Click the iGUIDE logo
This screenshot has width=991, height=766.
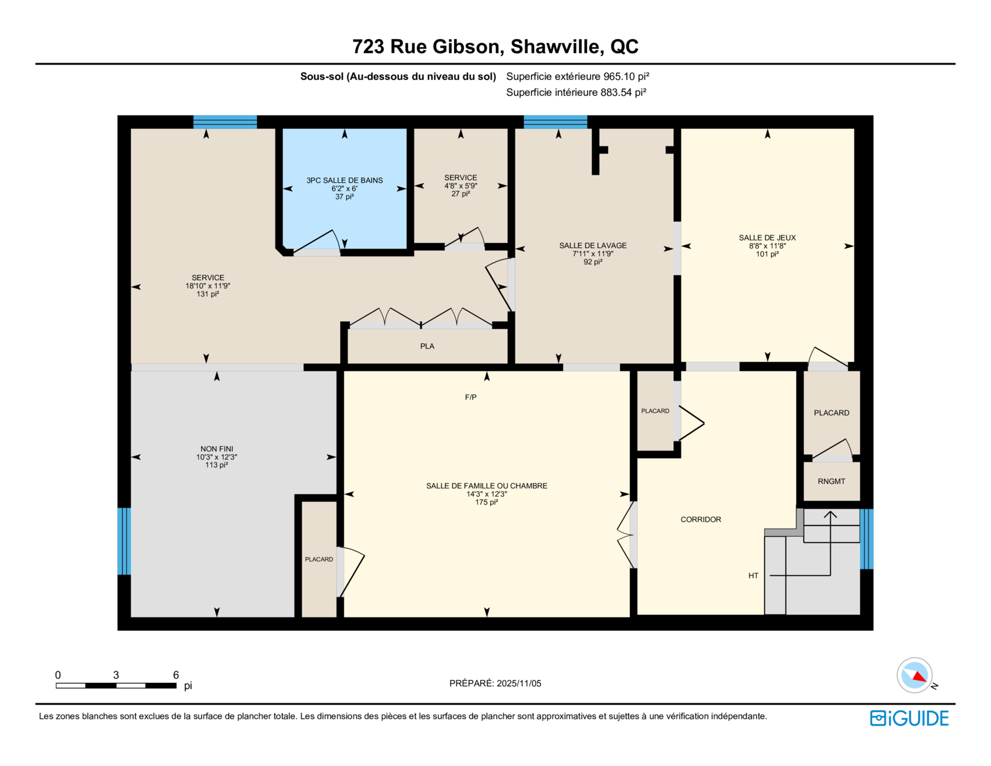pos(909,718)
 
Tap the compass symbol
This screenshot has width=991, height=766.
pos(914,676)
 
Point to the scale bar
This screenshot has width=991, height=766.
pos(116,685)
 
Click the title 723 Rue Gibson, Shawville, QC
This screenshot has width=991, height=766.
pos(495,46)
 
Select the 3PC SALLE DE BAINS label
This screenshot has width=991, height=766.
pos(344,180)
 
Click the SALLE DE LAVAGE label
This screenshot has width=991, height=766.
pos(593,245)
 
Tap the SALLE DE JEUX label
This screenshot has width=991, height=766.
pos(767,238)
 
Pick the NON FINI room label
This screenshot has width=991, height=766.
pos(217,449)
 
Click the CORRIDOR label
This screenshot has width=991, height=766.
pos(701,519)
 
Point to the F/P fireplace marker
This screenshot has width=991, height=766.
pos(471,397)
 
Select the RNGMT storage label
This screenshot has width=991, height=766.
pos(831,482)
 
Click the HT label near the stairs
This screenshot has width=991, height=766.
pos(753,576)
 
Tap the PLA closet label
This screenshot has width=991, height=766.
pos(427,346)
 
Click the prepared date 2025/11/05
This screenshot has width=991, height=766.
pos(518,684)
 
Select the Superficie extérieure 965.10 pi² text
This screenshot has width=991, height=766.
pos(578,76)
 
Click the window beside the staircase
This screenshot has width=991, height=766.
pos(867,539)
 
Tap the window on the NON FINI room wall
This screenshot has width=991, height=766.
pos(124,541)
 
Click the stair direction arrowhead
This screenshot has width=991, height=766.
pos(831,514)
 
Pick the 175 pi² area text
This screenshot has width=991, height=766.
pos(487,503)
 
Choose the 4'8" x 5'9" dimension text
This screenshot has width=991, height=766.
pos(461,186)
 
